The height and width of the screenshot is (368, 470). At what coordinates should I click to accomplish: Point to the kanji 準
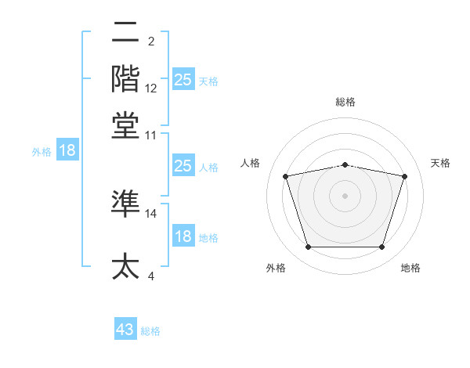(x=126, y=204)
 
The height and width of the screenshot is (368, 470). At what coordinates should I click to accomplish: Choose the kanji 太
(x=126, y=267)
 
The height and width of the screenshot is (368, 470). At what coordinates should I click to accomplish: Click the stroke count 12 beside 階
(x=151, y=88)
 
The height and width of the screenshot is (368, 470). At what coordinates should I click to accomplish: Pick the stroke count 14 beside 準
(x=151, y=213)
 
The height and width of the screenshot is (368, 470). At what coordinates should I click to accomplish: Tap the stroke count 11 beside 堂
(x=151, y=135)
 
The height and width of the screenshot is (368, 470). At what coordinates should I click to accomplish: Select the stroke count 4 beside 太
(x=151, y=276)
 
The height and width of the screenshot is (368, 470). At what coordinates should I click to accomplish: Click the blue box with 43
(x=125, y=330)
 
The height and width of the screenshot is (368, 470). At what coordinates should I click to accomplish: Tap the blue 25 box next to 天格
(x=183, y=79)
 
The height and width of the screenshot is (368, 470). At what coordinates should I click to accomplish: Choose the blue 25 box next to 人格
(x=183, y=166)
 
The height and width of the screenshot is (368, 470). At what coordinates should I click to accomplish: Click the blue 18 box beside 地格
(x=183, y=236)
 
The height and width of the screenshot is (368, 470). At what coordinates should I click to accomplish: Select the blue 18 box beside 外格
(x=67, y=150)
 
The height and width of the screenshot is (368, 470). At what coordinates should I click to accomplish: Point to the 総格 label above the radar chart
(x=345, y=102)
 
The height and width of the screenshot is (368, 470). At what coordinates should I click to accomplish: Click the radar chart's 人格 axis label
(x=251, y=163)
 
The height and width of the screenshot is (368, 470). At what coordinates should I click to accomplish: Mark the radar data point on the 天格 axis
(x=404, y=177)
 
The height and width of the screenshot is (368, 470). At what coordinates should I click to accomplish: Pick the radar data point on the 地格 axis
(x=381, y=247)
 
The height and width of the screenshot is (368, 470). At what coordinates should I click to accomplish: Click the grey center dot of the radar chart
(x=345, y=196)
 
